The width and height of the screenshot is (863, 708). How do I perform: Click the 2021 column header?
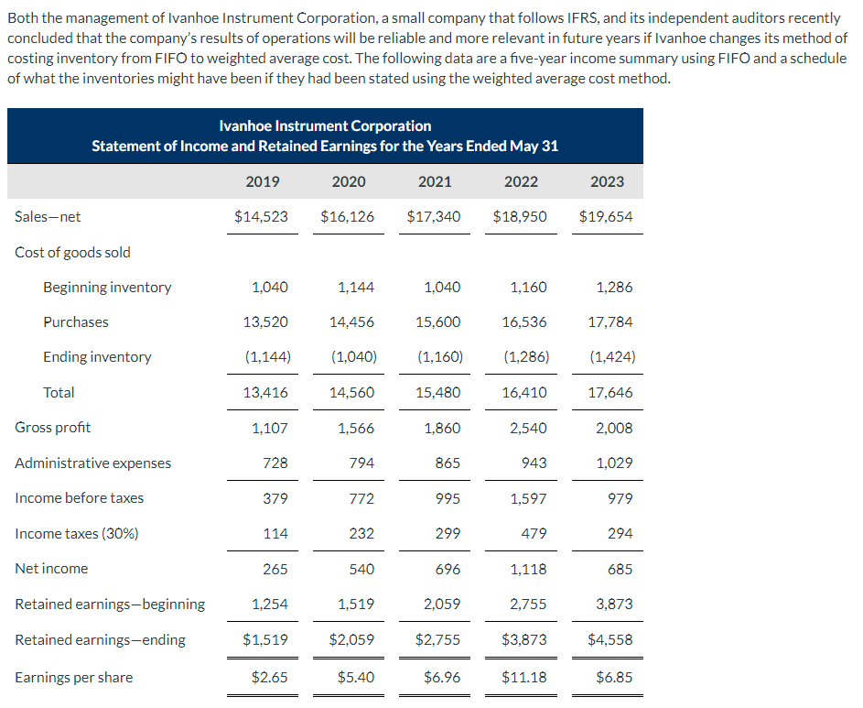435,181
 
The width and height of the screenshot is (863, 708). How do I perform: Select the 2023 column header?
607,181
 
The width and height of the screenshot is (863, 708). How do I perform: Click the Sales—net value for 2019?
262,217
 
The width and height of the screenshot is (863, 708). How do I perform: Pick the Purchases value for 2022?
524,322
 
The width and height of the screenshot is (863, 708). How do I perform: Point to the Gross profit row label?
53,428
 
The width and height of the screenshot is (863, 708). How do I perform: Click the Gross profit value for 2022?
529,428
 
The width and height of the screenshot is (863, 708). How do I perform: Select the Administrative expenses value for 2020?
361,463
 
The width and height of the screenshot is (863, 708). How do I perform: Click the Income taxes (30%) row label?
77,534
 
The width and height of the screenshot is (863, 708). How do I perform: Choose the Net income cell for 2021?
444,569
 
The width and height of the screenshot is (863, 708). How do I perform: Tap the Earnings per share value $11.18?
523,678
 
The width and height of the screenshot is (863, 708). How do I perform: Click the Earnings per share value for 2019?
270,678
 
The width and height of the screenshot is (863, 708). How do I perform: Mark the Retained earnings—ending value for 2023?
611,640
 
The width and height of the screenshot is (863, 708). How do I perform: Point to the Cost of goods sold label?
73,253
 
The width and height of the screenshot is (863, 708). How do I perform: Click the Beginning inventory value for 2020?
356,288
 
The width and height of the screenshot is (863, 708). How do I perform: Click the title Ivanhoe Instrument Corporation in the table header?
326,125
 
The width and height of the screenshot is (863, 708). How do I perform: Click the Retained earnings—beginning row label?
110,605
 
